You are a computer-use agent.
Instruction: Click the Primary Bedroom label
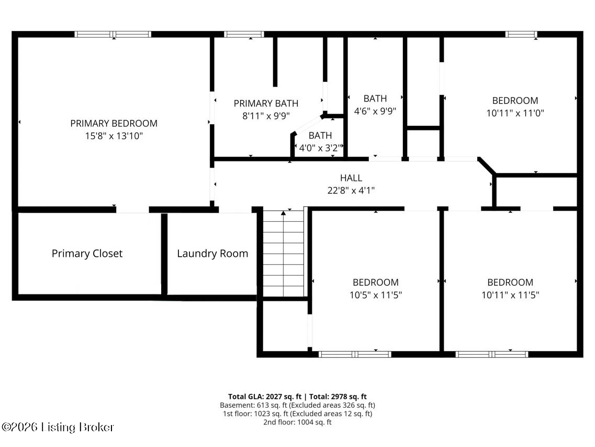(114, 124)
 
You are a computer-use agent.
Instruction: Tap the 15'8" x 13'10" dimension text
(114, 136)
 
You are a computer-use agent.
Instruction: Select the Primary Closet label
(87, 254)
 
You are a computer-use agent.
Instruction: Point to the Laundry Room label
(212, 254)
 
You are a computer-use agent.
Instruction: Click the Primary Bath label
(266, 103)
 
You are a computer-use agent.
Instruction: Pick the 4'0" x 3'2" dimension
(321, 148)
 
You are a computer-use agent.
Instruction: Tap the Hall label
(351, 178)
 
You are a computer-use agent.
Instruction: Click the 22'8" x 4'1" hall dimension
(351, 190)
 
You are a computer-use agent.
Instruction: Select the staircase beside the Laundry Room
(284, 253)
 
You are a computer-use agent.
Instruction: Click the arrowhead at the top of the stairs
(283, 213)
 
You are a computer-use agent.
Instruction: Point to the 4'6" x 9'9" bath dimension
(375, 111)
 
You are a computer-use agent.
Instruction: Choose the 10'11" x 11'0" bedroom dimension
(515, 113)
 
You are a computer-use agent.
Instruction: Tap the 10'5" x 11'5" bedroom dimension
(376, 295)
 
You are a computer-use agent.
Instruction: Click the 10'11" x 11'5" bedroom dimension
(510, 295)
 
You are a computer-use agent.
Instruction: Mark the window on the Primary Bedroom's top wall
(113, 34)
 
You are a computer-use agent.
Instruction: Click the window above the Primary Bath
(244, 34)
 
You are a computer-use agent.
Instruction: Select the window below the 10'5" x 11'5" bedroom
(355, 354)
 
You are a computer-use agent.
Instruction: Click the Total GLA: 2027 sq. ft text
(265, 397)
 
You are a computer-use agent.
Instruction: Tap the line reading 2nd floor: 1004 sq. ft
(297, 422)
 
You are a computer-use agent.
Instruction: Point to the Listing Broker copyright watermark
(58, 427)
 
